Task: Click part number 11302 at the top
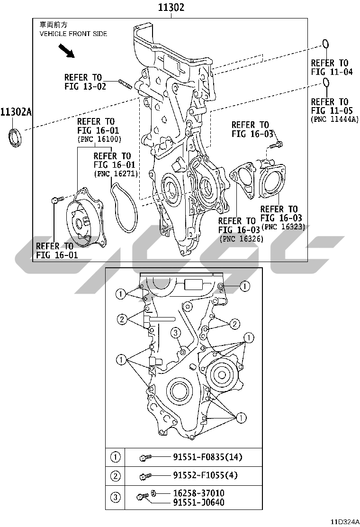pos(171,8)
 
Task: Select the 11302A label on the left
pos(16,112)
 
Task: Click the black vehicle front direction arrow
pos(66,51)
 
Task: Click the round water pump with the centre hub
pos(84,218)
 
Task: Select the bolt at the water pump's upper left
pos(57,200)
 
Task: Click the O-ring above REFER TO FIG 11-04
pos(325,44)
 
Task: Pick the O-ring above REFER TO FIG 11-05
pos(325,82)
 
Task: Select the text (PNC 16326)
pos(242,239)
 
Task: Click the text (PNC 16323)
pos(283,227)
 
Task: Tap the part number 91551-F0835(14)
pos(207,457)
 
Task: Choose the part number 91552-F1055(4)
pos(205,475)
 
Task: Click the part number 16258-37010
pos(199,493)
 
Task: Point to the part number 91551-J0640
pos(199,502)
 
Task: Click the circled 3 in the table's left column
pos(116,497)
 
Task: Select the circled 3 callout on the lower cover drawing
pos(176,333)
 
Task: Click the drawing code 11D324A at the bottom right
pos(345,522)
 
